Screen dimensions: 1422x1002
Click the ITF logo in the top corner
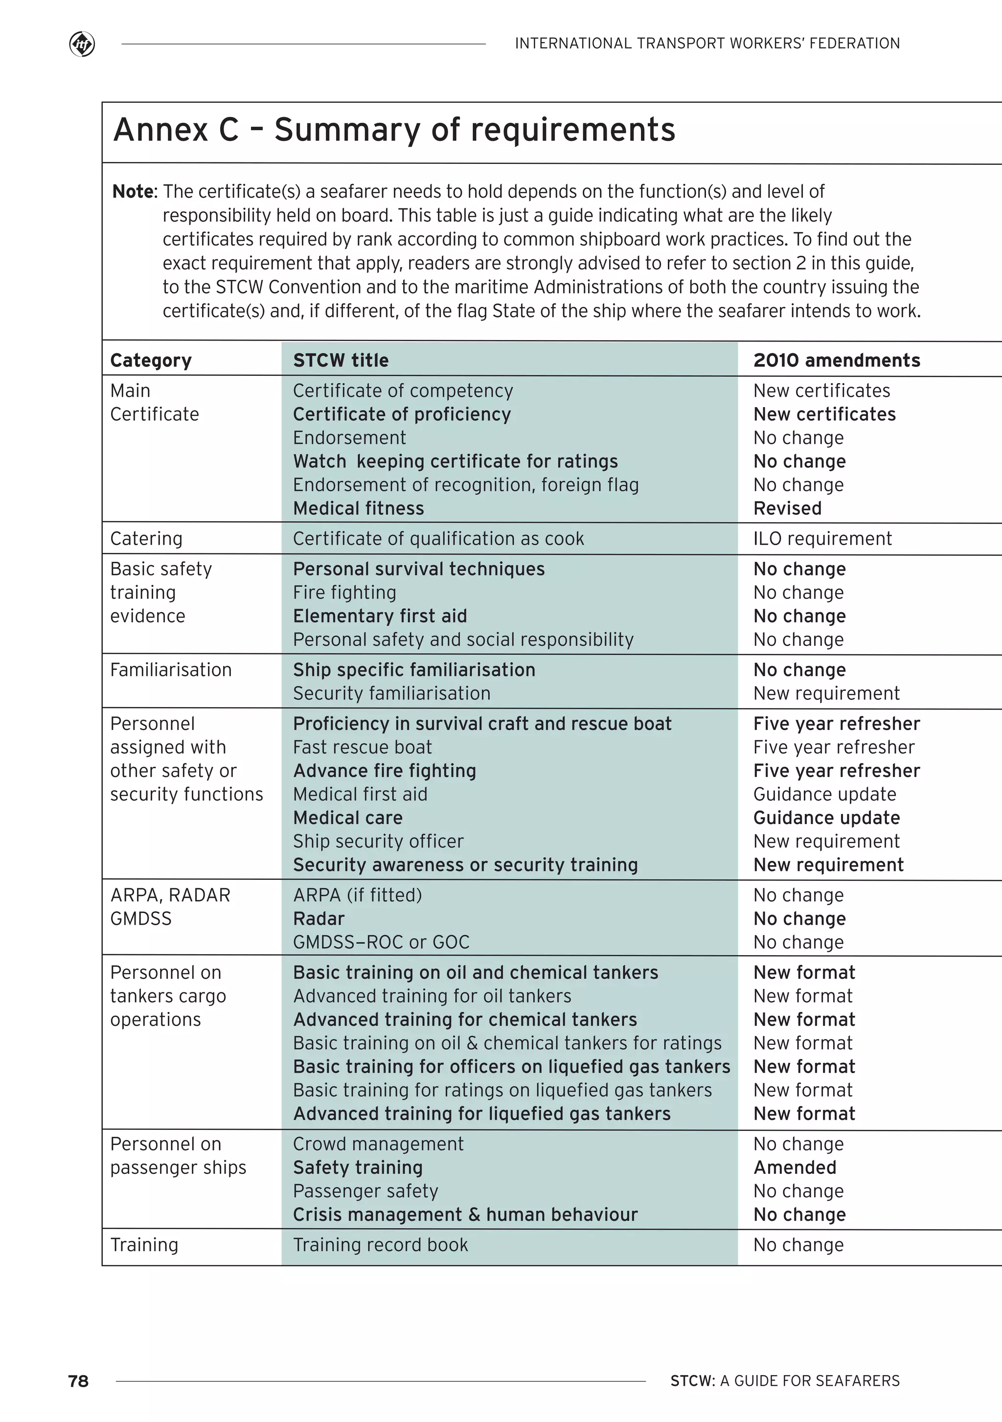[x=82, y=44]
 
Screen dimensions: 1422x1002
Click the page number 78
[x=79, y=1381]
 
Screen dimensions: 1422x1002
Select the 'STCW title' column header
[x=341, y=361]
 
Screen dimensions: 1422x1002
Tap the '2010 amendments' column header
[x=837, y=361]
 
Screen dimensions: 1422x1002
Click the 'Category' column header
[x=151, y=361]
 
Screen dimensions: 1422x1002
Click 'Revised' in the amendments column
[x=787, y=508]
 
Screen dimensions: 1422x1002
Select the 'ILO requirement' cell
[x=822, y=539]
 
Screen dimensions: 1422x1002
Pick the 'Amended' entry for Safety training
[x=795, y=1168]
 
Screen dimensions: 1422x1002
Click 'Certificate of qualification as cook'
[x=438, y=539]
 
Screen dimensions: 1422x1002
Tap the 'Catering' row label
[x=146, y=539]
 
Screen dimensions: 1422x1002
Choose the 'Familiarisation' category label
[x=171, y=670]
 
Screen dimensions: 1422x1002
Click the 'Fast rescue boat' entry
[x=362, y=748]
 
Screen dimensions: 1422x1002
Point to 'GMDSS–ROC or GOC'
[x=381, y=942]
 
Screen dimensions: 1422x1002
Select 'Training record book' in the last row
[x=380, y=1245]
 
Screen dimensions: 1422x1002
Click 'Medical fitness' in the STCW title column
[x=359, y=508]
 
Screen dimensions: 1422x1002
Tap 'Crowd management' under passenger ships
[x=378, y=1144]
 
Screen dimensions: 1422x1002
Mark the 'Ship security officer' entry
[x=378, y=842]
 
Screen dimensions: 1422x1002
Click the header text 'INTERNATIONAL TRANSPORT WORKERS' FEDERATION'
[x=707, y=44]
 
